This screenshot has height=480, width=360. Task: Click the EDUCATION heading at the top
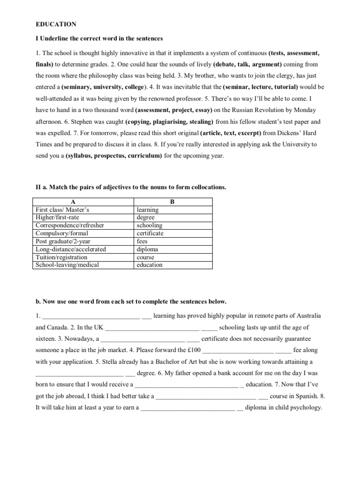[x=56, y=24]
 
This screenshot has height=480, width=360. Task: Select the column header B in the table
[x=172, y=202]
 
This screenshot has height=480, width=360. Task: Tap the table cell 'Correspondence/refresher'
[x=70, y=225]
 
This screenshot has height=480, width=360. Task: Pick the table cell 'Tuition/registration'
[x=61, y=257]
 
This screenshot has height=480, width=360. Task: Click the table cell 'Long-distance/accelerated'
[x=71, y=249]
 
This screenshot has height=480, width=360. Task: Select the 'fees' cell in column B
[x=142, y=241]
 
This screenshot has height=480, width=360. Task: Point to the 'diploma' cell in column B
[x=147, y=249]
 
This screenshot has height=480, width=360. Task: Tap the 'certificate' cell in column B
[x=150, y=233]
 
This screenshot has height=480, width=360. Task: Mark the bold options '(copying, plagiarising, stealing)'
[x=161, y=121]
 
